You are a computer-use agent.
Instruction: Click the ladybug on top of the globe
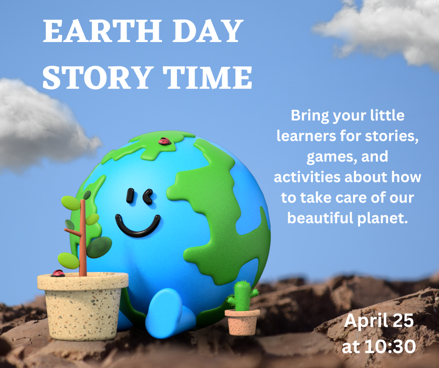point(163,141)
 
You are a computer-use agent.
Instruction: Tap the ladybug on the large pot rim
point(57,274)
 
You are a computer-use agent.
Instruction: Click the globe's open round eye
point(130,196)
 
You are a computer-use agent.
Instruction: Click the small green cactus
point(242,296)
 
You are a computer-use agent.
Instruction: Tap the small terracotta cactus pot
point(242,322)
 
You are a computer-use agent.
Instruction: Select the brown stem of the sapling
point(83,238)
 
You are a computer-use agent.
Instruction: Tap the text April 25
point(379,322)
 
